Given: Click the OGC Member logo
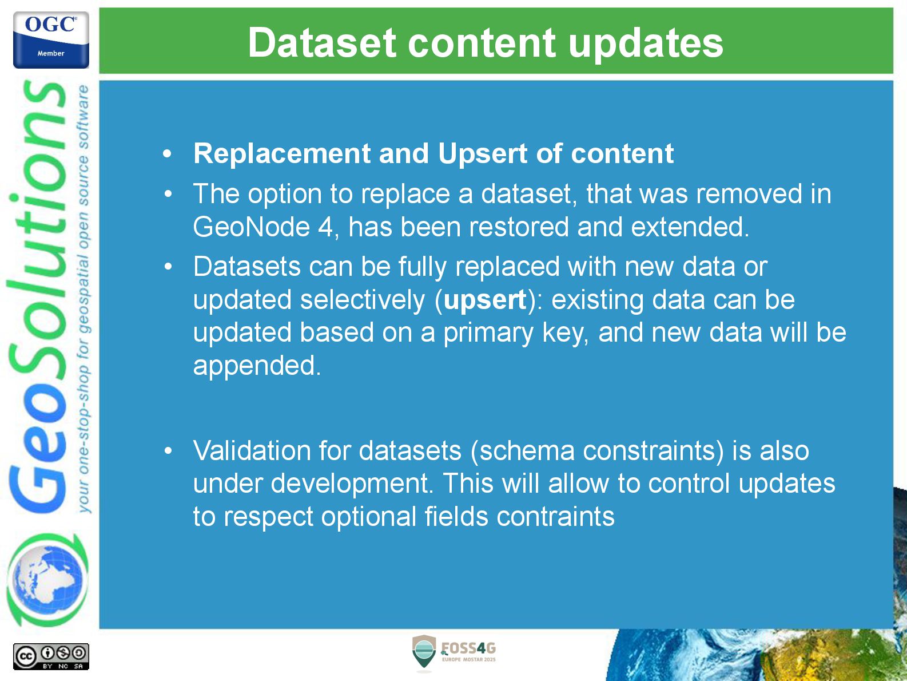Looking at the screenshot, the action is coord(51,39).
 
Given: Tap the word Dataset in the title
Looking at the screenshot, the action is coord(323,42).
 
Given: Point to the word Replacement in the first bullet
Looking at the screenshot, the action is coord(282,154).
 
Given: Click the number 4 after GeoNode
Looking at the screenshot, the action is coord(325,227).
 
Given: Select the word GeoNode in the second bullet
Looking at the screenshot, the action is coord(251,227).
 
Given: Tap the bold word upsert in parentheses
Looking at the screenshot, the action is coord(485,300).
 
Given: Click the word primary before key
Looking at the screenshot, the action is coord(488,333).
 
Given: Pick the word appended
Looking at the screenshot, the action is coord(257,366).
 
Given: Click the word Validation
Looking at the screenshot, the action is coord(252,450).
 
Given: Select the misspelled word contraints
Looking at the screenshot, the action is coord(555,516).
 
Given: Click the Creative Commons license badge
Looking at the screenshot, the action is coord(51,656).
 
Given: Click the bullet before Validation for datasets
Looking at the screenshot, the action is coord(168,450).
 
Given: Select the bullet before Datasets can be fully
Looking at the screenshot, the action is coord(168,267).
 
